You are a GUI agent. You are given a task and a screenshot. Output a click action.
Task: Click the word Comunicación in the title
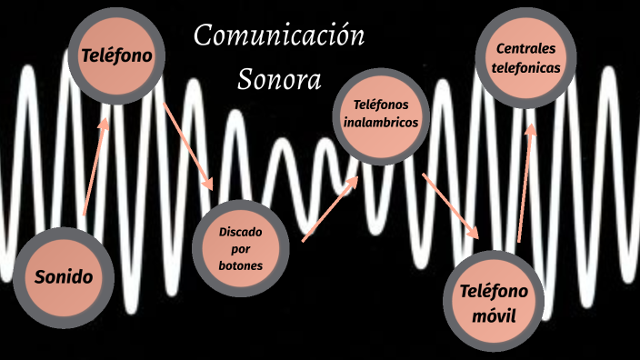pyautogui.click(x=280, y=37)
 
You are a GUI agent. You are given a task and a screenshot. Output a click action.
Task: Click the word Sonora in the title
pyautogui.click(x=280, y=80)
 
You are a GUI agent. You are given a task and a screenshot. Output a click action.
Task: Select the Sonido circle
pyautogui.click(x=64, y=276)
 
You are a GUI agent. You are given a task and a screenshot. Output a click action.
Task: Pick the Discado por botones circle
pyautogui.click(x=241, y=248)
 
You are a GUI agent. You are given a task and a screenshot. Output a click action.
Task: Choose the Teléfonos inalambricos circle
pyautogui.click(x=382, y=114)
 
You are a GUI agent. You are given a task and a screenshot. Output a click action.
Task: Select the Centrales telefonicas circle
pyautogui.click(x=525, y=57)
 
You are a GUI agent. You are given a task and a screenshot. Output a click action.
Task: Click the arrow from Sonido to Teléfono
pyautogui.click(x=96, y=165)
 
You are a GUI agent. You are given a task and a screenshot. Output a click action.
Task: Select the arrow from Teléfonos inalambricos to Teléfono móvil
pyautogui.click(x=450, y=204)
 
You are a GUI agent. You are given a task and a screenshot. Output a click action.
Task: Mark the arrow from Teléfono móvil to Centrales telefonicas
pyautogui.click(x=525, y=180)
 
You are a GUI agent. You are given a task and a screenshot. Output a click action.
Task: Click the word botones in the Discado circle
pyautogui.click(x=241, y=265)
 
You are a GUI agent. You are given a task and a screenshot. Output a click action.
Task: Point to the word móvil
pyautogui.click(x=495, y=316)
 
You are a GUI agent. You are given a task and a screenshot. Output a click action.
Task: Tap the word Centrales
pyautogui.click(x=525, y=48)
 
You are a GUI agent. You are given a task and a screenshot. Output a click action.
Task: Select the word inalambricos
pyautogui.click(x=382, y=122)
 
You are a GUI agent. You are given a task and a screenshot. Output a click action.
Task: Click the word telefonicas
pyautogui.click(x=525, y=66)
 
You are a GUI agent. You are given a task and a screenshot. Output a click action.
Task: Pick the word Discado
pyautogui.click(x=241, y=231)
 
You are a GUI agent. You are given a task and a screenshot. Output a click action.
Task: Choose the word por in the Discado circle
pyautogui.click(x=241, y=248)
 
